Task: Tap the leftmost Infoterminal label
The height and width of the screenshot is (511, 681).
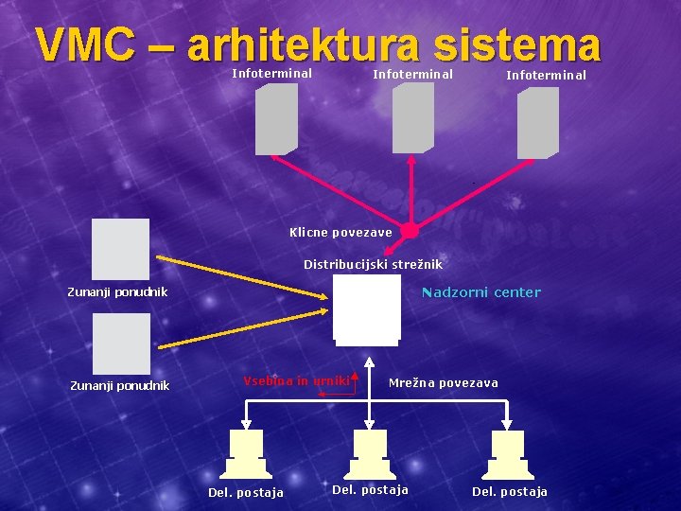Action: pos(272,73)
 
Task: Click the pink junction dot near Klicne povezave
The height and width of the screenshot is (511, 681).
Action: pos(409,231)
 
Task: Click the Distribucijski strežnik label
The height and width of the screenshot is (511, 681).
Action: pos(373,264)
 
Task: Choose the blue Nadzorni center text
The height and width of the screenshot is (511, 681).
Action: pos(481,291)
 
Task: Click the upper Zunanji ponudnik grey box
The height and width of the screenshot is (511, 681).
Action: pos(121,248)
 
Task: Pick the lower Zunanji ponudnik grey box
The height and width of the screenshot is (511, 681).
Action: pos(121,344)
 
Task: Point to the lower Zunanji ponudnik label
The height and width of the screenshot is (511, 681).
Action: pos(120,385)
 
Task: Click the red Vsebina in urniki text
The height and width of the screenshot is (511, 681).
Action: pos(296,380)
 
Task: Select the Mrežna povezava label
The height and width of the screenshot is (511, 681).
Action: pos(443,382)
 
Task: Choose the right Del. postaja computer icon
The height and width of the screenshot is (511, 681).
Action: pos(507,454)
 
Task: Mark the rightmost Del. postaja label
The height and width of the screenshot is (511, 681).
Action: pos(509,491)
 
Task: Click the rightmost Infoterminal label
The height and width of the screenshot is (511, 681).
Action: pos(546,75)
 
